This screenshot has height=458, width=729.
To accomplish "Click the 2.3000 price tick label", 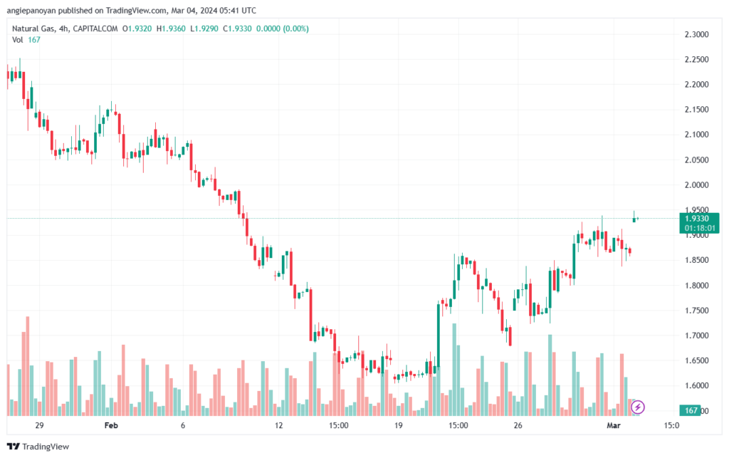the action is (x=696, y=34).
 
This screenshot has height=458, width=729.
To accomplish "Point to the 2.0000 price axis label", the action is (x=696, y=185).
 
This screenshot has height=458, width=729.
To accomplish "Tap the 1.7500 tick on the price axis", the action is (x=696, y=311).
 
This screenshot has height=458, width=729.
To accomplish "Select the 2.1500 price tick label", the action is (x=696, y=110).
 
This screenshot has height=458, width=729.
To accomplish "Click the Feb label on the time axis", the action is (x=111, y=425).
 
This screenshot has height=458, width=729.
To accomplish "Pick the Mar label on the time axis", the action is (x=614, y=425).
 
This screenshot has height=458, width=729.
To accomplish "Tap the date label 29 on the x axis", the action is (x=39, y=425).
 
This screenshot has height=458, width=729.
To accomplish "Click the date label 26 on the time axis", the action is (x=518, y=425).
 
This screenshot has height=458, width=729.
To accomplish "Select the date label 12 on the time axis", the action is (x=278, y=425).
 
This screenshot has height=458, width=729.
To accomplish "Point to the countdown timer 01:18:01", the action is (x=699, y=229).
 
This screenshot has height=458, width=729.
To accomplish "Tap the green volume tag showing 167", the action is (x=690, y=410).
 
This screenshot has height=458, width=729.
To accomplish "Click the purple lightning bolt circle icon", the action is (x=637, y=407).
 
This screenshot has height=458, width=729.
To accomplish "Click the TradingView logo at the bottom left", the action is (x=38, y=447).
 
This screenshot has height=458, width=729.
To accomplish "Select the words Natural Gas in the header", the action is (x=33, y=28).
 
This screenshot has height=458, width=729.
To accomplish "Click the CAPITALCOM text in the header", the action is (x=95, y=28).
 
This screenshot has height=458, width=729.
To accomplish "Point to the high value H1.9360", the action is (x=171, y=28).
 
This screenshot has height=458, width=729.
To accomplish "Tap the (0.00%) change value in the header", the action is (x=295, y=28).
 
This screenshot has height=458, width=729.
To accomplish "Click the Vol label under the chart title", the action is (x=17, y=40).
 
